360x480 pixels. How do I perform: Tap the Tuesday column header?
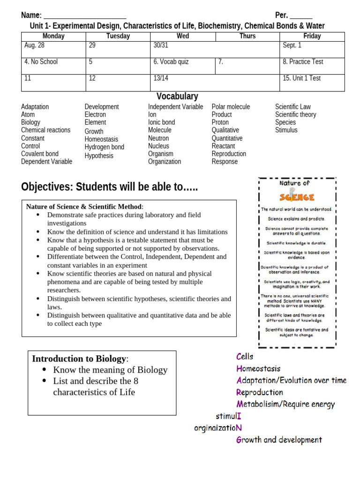(118, 37)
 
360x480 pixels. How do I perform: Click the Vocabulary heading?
(177, 97)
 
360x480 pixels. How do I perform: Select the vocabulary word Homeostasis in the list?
(101, 139)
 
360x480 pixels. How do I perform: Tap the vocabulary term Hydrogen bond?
(104, 147)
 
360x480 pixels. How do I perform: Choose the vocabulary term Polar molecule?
(231, 107)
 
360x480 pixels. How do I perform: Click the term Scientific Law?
(292, 107)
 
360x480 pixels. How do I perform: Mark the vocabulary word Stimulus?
(286, 130)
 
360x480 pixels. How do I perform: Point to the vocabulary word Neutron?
(158, 138)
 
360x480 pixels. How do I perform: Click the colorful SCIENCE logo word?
(297, 197)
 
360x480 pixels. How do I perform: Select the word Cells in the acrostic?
(245, 357)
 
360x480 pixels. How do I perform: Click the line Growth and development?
(279, 440)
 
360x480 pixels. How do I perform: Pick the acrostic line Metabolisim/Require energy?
(285, 404)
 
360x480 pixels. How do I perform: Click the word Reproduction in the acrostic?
(260, 392)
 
